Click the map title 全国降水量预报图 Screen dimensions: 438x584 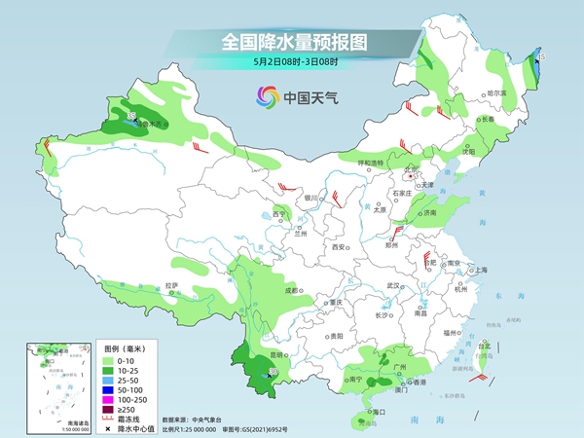click(292, 42)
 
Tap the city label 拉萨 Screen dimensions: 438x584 click(171, 285)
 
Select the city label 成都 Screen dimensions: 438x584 click(291, 289)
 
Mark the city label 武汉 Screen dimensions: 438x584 click(394, 285)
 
